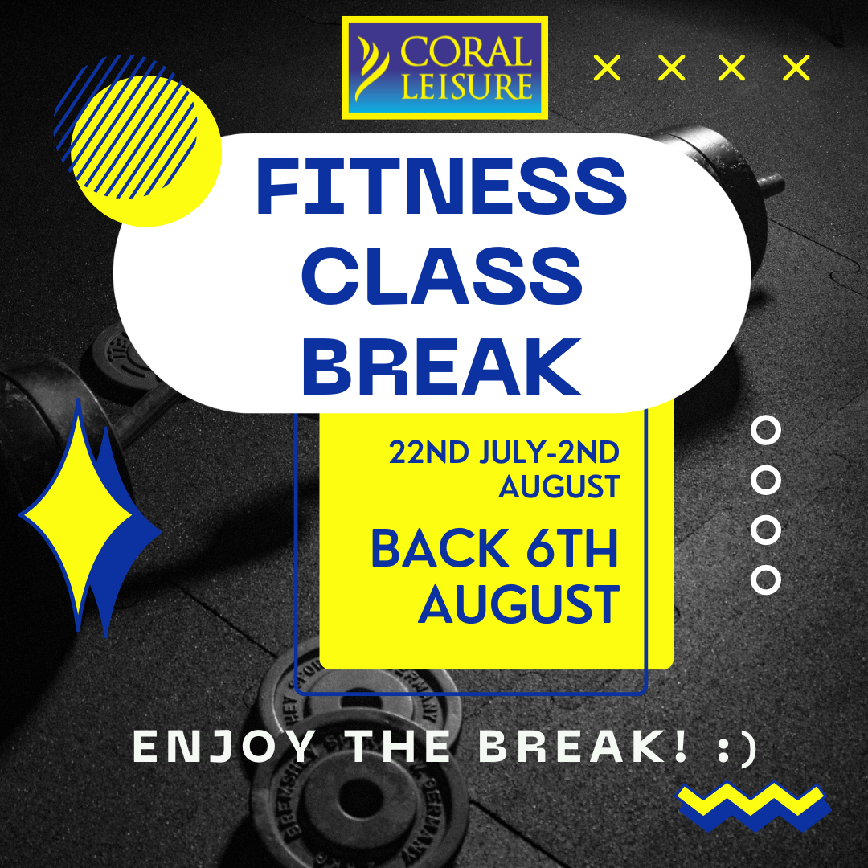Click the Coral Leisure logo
point(444,68)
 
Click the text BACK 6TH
point(494,549)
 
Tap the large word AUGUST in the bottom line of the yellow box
point(518,604)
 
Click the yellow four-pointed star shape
point(76,514)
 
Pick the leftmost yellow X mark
point(608,68)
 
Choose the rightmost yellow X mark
point(796,68)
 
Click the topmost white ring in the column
point(765,430)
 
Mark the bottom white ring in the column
point(765,579)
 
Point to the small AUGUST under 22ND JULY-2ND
point(559,486)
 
